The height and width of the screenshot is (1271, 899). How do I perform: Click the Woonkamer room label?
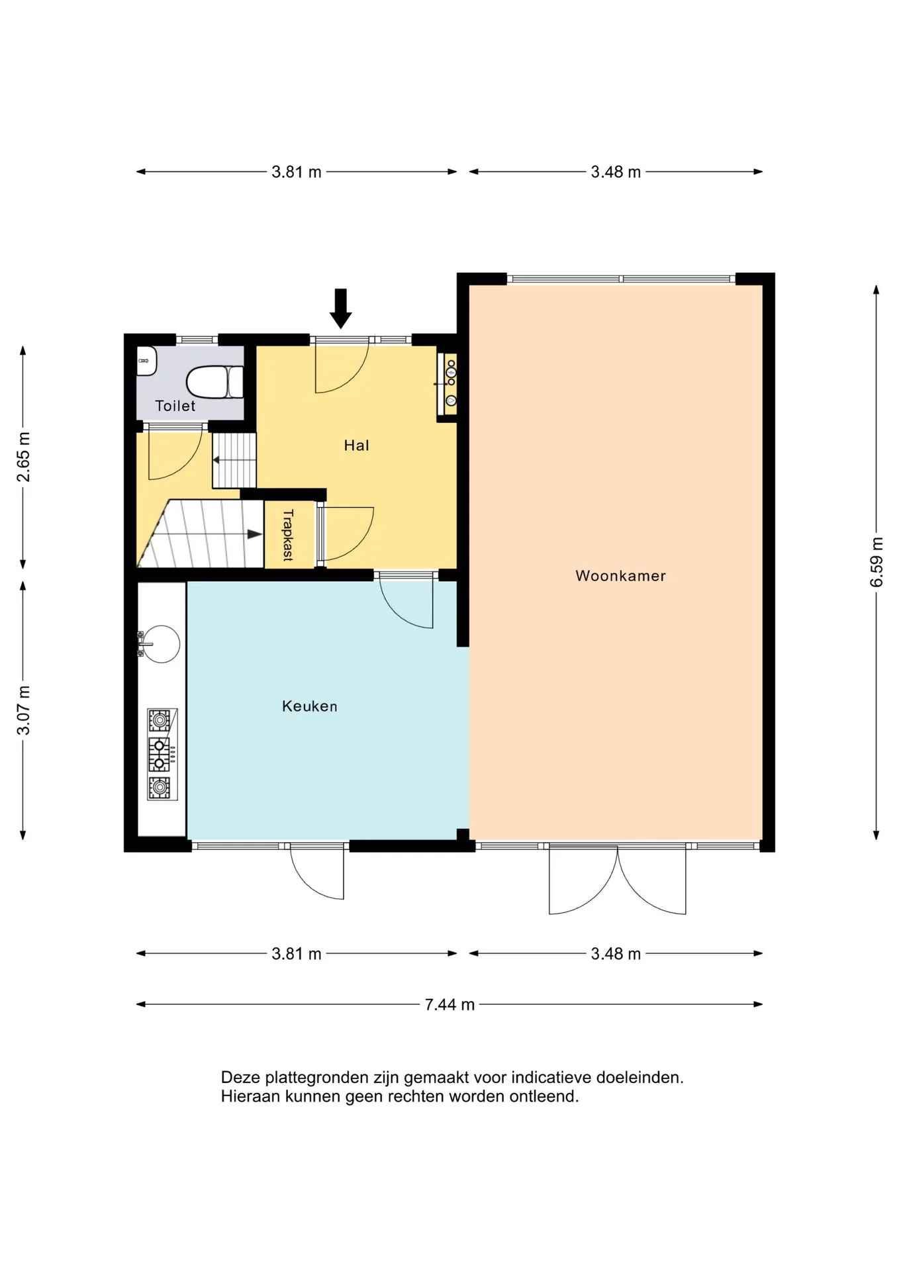click(x=620, y=576)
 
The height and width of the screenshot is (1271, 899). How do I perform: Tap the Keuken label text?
click(x=309, y=706)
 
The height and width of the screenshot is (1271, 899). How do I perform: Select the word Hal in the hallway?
click(x=356, y=446)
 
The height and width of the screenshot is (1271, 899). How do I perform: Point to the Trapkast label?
click(x=288, y=535)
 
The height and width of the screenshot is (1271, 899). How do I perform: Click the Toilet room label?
click(x=175, y=406)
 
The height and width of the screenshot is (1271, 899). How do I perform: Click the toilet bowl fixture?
click(x=214, y=382)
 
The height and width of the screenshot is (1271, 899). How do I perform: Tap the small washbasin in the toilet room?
click(x=146, y=361)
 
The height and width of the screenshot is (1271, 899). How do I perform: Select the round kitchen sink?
click(x=161, y=643)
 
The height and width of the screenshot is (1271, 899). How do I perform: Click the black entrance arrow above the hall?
click(x=341, y=308)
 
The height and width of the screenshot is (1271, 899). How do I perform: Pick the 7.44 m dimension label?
click(x=449, y=1004)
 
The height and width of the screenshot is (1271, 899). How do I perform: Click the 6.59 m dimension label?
click(x=876, y=562)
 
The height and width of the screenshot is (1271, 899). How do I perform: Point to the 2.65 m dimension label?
click(x=23, y=457)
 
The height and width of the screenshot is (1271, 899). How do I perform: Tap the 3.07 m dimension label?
click(x=23, y=710)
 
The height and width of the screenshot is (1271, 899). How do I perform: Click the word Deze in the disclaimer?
click(x=240, y=1078)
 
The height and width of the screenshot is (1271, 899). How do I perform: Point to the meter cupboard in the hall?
click(x=447, y=384)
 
